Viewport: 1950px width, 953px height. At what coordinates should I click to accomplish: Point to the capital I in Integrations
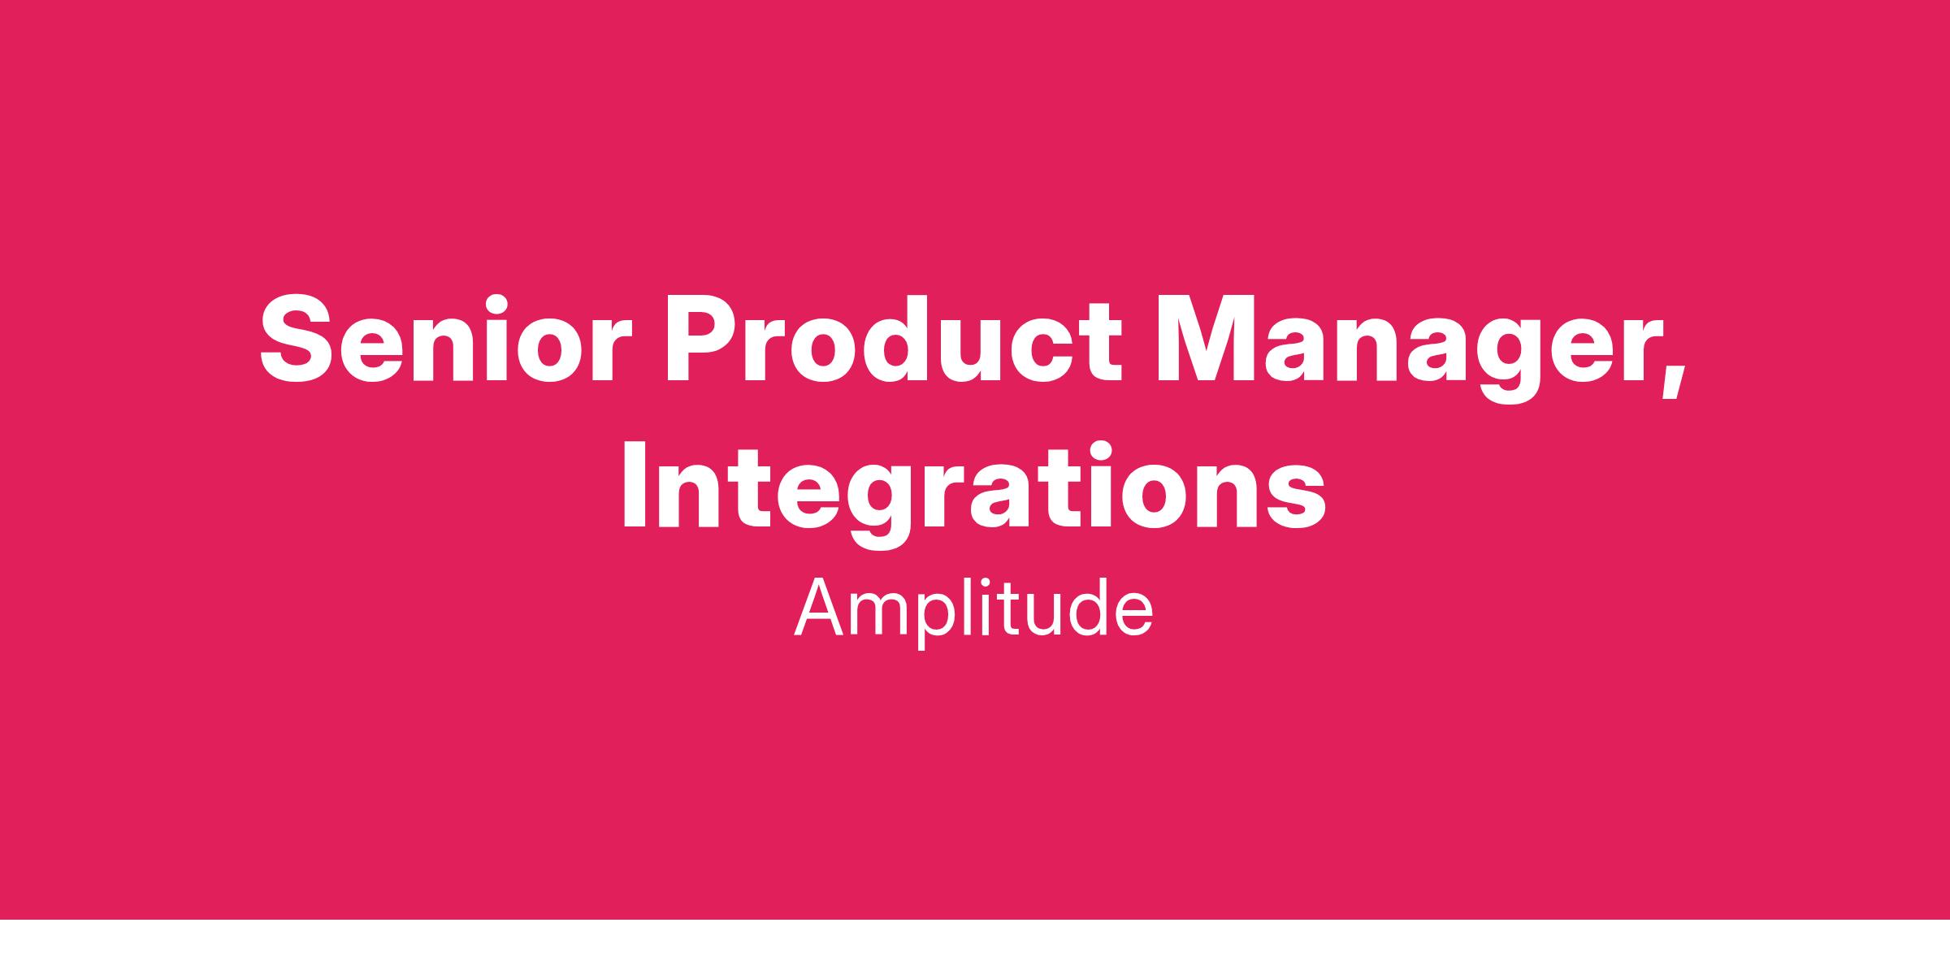638,484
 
